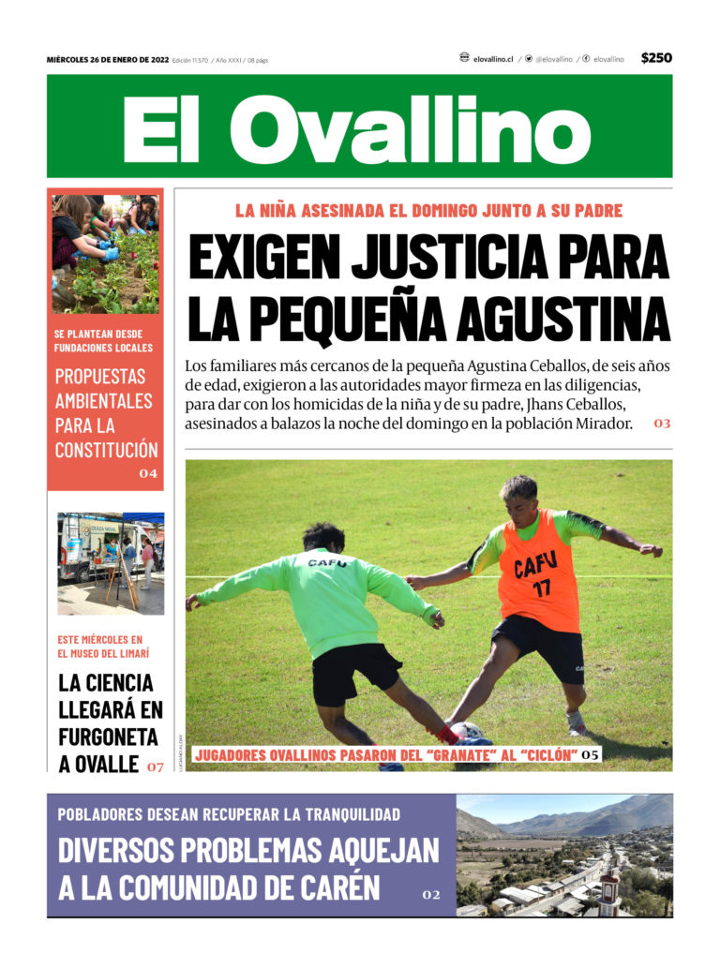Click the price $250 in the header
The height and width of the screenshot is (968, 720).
pos(656,58)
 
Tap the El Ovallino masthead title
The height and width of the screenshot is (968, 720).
pos(357,127)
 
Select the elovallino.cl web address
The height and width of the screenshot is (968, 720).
pos(493,59)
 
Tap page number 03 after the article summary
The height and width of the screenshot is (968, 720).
pos(662,424)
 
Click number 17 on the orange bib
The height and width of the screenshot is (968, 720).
pos(542,588)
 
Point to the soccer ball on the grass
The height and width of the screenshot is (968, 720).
pos(466,731)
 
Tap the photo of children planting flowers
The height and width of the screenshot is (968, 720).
pos(105,253)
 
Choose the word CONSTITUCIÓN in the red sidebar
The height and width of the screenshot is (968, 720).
pos(106,450)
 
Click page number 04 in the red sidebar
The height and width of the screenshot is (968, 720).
pos(148,474)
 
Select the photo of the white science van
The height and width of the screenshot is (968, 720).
pos(111,562)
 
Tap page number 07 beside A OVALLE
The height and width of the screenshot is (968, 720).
pos(155,767)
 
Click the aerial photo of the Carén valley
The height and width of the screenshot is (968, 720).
pos(563,855)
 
